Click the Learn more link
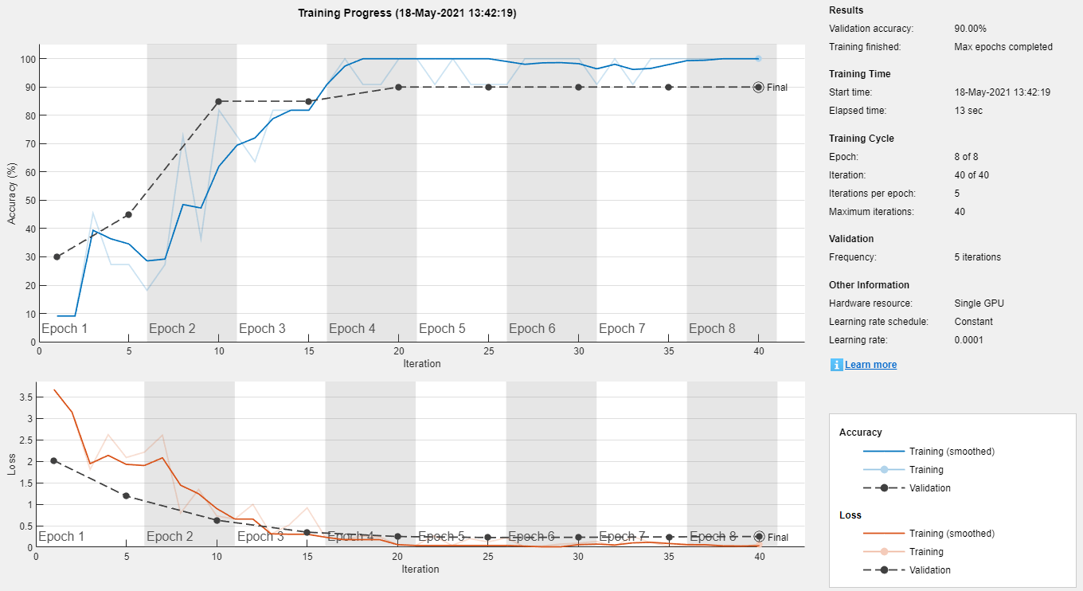pyautogui.click(x=870, y=365)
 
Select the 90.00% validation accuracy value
pyautogui.click(x=972, y=29)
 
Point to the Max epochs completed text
pyautogui.click(x=1003, y=47)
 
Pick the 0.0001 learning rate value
pyautogui.click(x=968, y=340)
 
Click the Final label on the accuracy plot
pyautogui.click(x=776, y=88)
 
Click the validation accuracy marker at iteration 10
pyautogui.click(x=218, y=101)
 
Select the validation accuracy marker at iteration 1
pyautogui.click(x=57, y=256)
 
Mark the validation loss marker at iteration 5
pyautogui.click(x=126, y=495)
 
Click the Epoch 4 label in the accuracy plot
pyautogui.click(x=352, y=329)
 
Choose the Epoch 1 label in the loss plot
pyautogui.click(x=61, y=537)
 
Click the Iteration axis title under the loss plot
pyautogui.click(x=420, y=569)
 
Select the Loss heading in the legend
pyautogui.click(x=850, y=515)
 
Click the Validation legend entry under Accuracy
pyautogui.click(x=930, y=488)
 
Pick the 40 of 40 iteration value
pyautogui.click(x=972, y=175)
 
